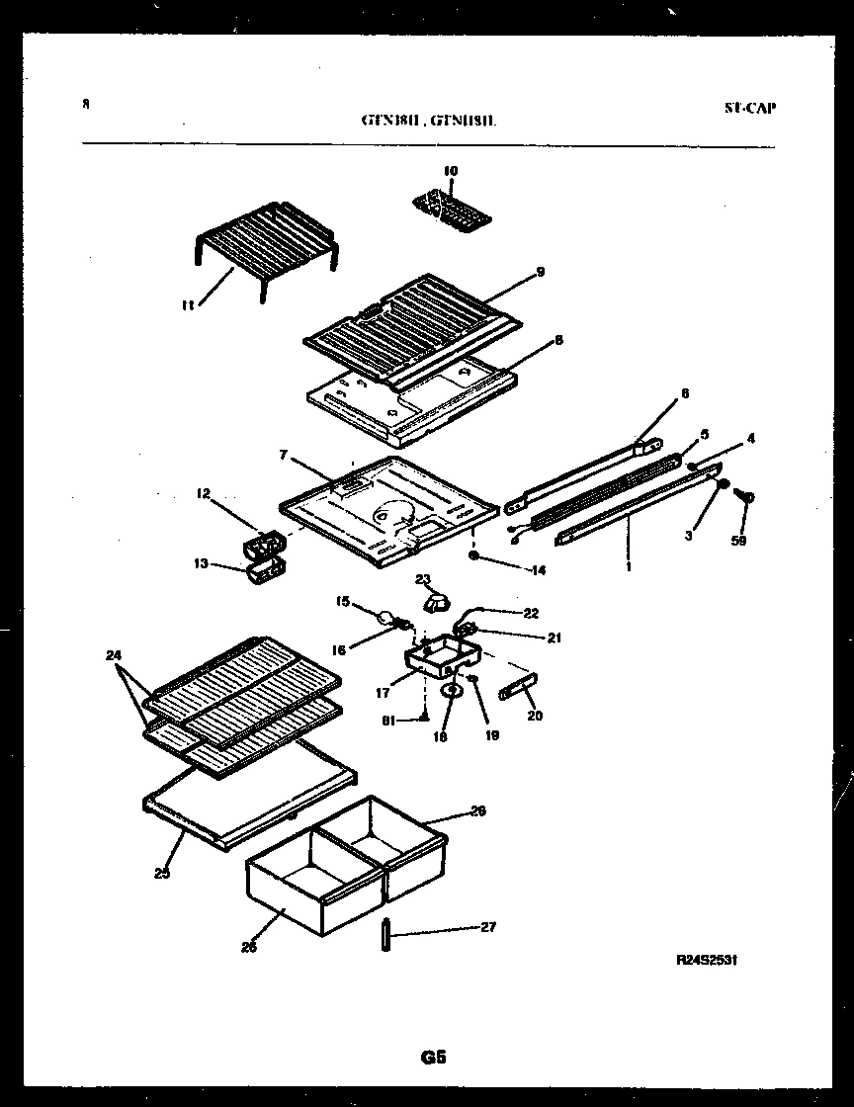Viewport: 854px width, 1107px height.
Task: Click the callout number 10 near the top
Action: (x=451, y=171)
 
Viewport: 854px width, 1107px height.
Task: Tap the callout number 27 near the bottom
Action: (x=487, y=927)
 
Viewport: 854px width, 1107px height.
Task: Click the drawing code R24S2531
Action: (x=707, y=960)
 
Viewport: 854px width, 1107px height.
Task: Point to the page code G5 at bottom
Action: (x=432, y=1058)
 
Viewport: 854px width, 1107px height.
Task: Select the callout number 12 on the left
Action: (x=203, y=494)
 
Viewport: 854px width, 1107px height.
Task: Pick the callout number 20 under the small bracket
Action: (x=535, y=716)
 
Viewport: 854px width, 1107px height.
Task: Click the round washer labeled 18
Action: (x=451, y=692)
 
